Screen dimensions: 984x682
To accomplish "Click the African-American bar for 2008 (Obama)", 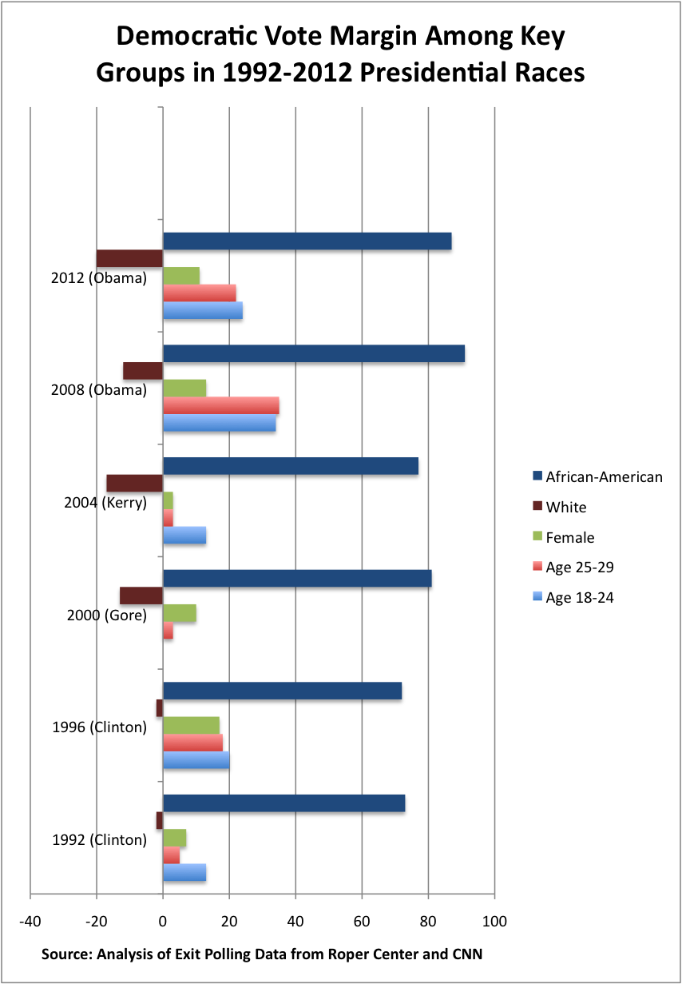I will tap(313, 353).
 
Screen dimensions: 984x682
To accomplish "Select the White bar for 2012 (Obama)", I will tap(129, 258).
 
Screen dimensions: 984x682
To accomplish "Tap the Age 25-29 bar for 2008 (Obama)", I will tap(220, 405).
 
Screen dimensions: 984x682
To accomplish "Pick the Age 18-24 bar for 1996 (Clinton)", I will tap(196, 759).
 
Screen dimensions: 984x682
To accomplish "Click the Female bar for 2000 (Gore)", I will tap(179, 613).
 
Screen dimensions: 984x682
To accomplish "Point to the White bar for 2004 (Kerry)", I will tap(134, 483).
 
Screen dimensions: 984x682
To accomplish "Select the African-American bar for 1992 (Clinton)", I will tap(284, 803).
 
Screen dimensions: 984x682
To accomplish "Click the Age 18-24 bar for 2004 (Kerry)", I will tap(184, 536).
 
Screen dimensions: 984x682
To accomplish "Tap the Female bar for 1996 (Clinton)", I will tap(191, 725).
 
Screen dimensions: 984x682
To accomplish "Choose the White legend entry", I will tap(565, 507).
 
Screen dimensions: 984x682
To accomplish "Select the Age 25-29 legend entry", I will tap(579, 568).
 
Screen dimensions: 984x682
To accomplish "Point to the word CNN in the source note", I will tap(466, 954).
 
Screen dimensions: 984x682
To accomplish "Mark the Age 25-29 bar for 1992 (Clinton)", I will tap(171, 855).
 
